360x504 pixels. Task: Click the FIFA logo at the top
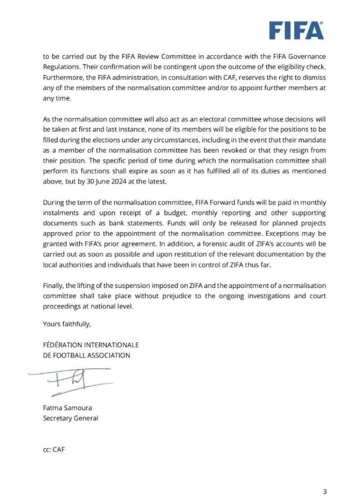point(296,31)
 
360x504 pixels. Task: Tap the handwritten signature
point(69,379)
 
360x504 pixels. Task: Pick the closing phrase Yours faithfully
point(67,324)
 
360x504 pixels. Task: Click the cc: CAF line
point(54,449)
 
